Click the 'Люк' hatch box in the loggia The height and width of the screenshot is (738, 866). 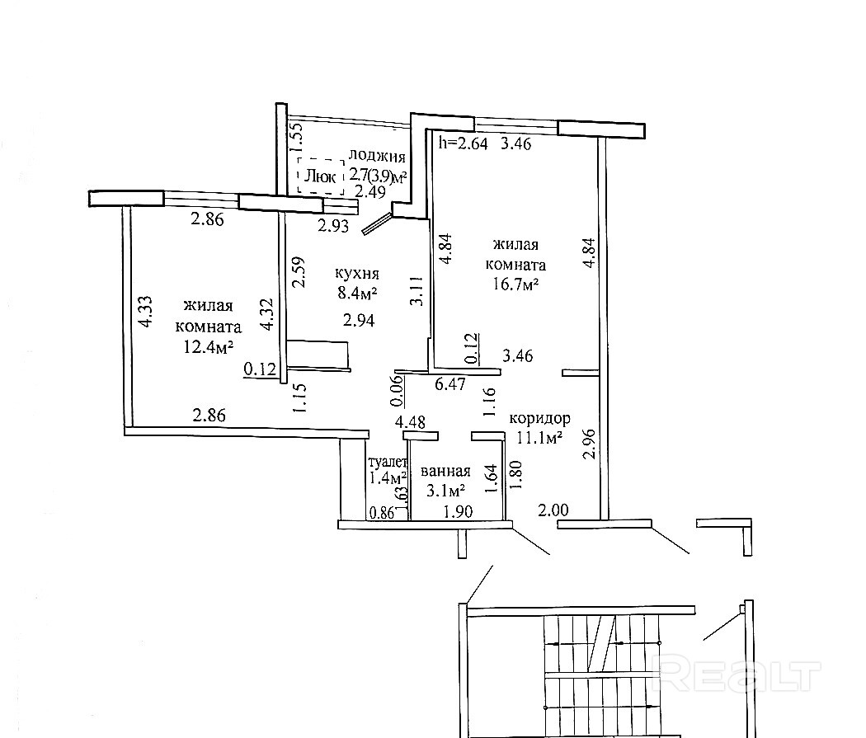[x=320, y=176]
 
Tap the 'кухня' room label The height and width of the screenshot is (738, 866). [x=356, y=273]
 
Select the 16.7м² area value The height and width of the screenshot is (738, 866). [x=515, y=284]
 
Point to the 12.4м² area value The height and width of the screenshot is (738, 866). [x=202, y=346]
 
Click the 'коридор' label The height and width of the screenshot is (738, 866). [x=539, y=418]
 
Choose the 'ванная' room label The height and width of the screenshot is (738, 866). [x=445, y=472]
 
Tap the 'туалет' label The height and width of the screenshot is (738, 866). [x=388, y=463]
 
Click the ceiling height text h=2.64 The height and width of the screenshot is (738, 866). [x=464, y=143]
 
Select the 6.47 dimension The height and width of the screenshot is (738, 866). [x=451, y=383]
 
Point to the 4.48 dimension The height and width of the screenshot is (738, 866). [x=410, y=422]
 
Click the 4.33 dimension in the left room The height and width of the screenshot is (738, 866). [x=144, y=313]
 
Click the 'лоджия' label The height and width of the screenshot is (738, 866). [x=378, y=157]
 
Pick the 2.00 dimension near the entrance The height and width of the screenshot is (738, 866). [x=553, y=510]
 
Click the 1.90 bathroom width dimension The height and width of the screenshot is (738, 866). [x=457, y=511]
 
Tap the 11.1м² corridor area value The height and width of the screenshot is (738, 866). [x=540, y=437]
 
